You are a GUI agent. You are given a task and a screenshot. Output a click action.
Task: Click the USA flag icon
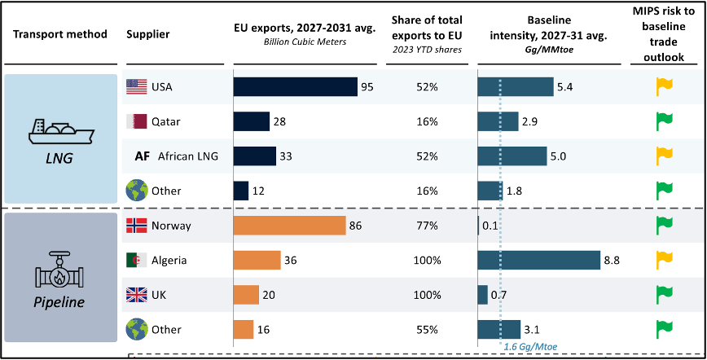point(135,87)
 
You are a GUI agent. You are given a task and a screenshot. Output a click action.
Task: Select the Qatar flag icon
point(135,121)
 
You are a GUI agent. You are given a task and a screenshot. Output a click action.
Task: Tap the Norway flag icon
point(135,226)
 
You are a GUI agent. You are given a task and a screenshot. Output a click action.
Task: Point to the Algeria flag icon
point(135,260)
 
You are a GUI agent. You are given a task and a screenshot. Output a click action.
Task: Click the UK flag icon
point(135,295)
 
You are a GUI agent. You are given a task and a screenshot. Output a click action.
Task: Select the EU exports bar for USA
point(295,87)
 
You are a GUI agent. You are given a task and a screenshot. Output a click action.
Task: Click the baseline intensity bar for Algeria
point(538,260)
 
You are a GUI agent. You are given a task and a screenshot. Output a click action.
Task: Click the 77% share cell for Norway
point(426,226)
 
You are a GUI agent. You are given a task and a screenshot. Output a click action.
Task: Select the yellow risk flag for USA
point(665,86)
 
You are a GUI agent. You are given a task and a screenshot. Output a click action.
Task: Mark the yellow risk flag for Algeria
point(665,260)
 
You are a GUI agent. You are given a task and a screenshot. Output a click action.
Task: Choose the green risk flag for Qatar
point(665,121)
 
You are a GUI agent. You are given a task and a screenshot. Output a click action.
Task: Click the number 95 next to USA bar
point(367,87)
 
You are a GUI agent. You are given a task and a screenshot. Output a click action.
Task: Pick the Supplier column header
point(147,34)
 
